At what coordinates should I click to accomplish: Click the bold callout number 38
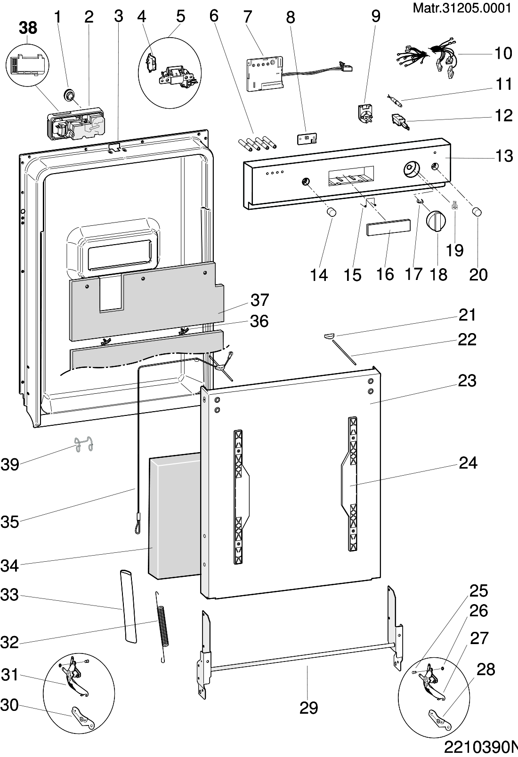point(28,28)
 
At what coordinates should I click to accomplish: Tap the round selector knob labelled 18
point(436,221)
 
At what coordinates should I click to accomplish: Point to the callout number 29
point(309,708)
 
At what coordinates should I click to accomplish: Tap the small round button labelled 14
point(332,212)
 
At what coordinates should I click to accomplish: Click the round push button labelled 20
point(477,211)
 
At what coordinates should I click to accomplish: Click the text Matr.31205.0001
point(462,8)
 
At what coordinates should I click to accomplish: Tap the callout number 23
point(467,381)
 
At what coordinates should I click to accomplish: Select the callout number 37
point(259,300)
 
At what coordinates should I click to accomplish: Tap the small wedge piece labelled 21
point(329,335)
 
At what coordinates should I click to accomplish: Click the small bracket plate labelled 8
point(307,139)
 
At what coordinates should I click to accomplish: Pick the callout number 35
point(9,522)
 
